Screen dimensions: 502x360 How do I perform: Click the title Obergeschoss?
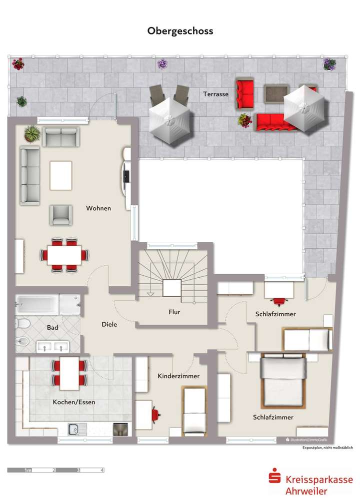[x=180, y=31]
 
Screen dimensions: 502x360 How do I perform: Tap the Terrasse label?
[x=215, y=94]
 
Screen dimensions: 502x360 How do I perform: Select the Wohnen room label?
[x=98, y=208]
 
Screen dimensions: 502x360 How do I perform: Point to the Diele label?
[x=109, y=324]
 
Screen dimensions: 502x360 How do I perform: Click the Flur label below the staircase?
[x=174, y=312]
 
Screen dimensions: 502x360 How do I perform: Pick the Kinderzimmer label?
[x=178, y=376]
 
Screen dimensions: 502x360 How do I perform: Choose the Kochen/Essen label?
[x=74, y=402]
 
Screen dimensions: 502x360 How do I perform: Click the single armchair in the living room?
[x=60, y=215]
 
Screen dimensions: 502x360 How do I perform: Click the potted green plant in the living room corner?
[x=31, y=133]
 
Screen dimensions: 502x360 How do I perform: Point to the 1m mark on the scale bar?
[x=28, y=470]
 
